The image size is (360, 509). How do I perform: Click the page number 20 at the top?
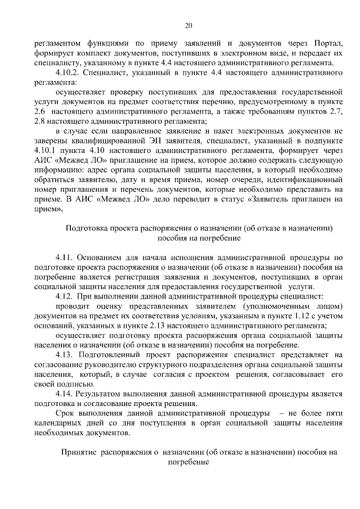click(x=188, y=25)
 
